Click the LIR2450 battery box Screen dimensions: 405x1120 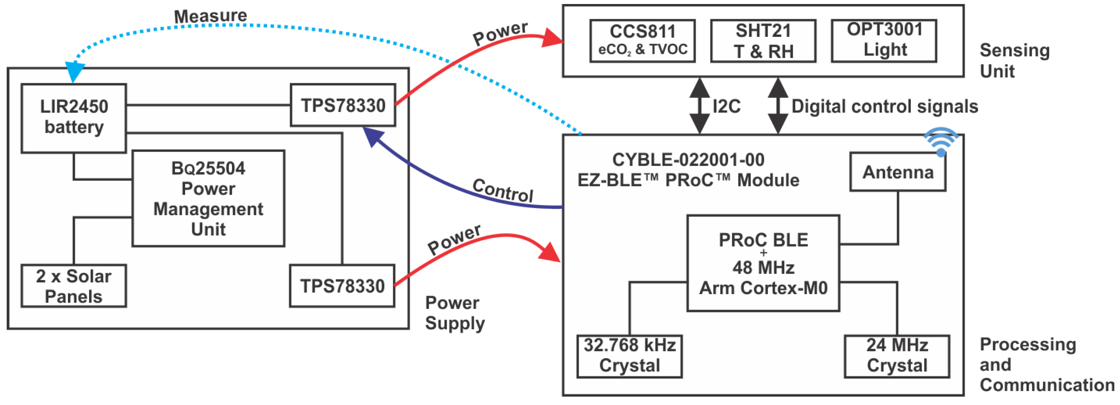point(74,118)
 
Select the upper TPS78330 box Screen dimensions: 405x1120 point(343,105)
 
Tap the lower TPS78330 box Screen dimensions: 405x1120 point(342,286)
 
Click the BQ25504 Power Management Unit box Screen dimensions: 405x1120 point(208,198)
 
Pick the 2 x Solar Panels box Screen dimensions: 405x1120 point(74,286)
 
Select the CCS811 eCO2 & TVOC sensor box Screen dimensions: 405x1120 point(642,41)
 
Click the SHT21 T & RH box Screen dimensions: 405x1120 point(763,41)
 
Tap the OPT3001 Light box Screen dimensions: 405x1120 point(884,41)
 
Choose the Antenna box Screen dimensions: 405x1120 point(898,172)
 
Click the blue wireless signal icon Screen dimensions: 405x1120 point(941,141)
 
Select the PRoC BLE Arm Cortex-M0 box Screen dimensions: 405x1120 point(763,263)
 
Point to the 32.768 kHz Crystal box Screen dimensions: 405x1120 point(629,356)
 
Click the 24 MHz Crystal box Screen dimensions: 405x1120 point(897,356)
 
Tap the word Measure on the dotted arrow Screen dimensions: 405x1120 point(211,16)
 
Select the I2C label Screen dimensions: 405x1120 point(726,106)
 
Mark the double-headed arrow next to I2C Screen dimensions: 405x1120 point(700,106)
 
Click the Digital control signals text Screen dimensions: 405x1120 point(884,106)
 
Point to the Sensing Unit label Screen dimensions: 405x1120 point(1014,61)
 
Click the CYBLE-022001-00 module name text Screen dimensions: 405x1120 point(688,160)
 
